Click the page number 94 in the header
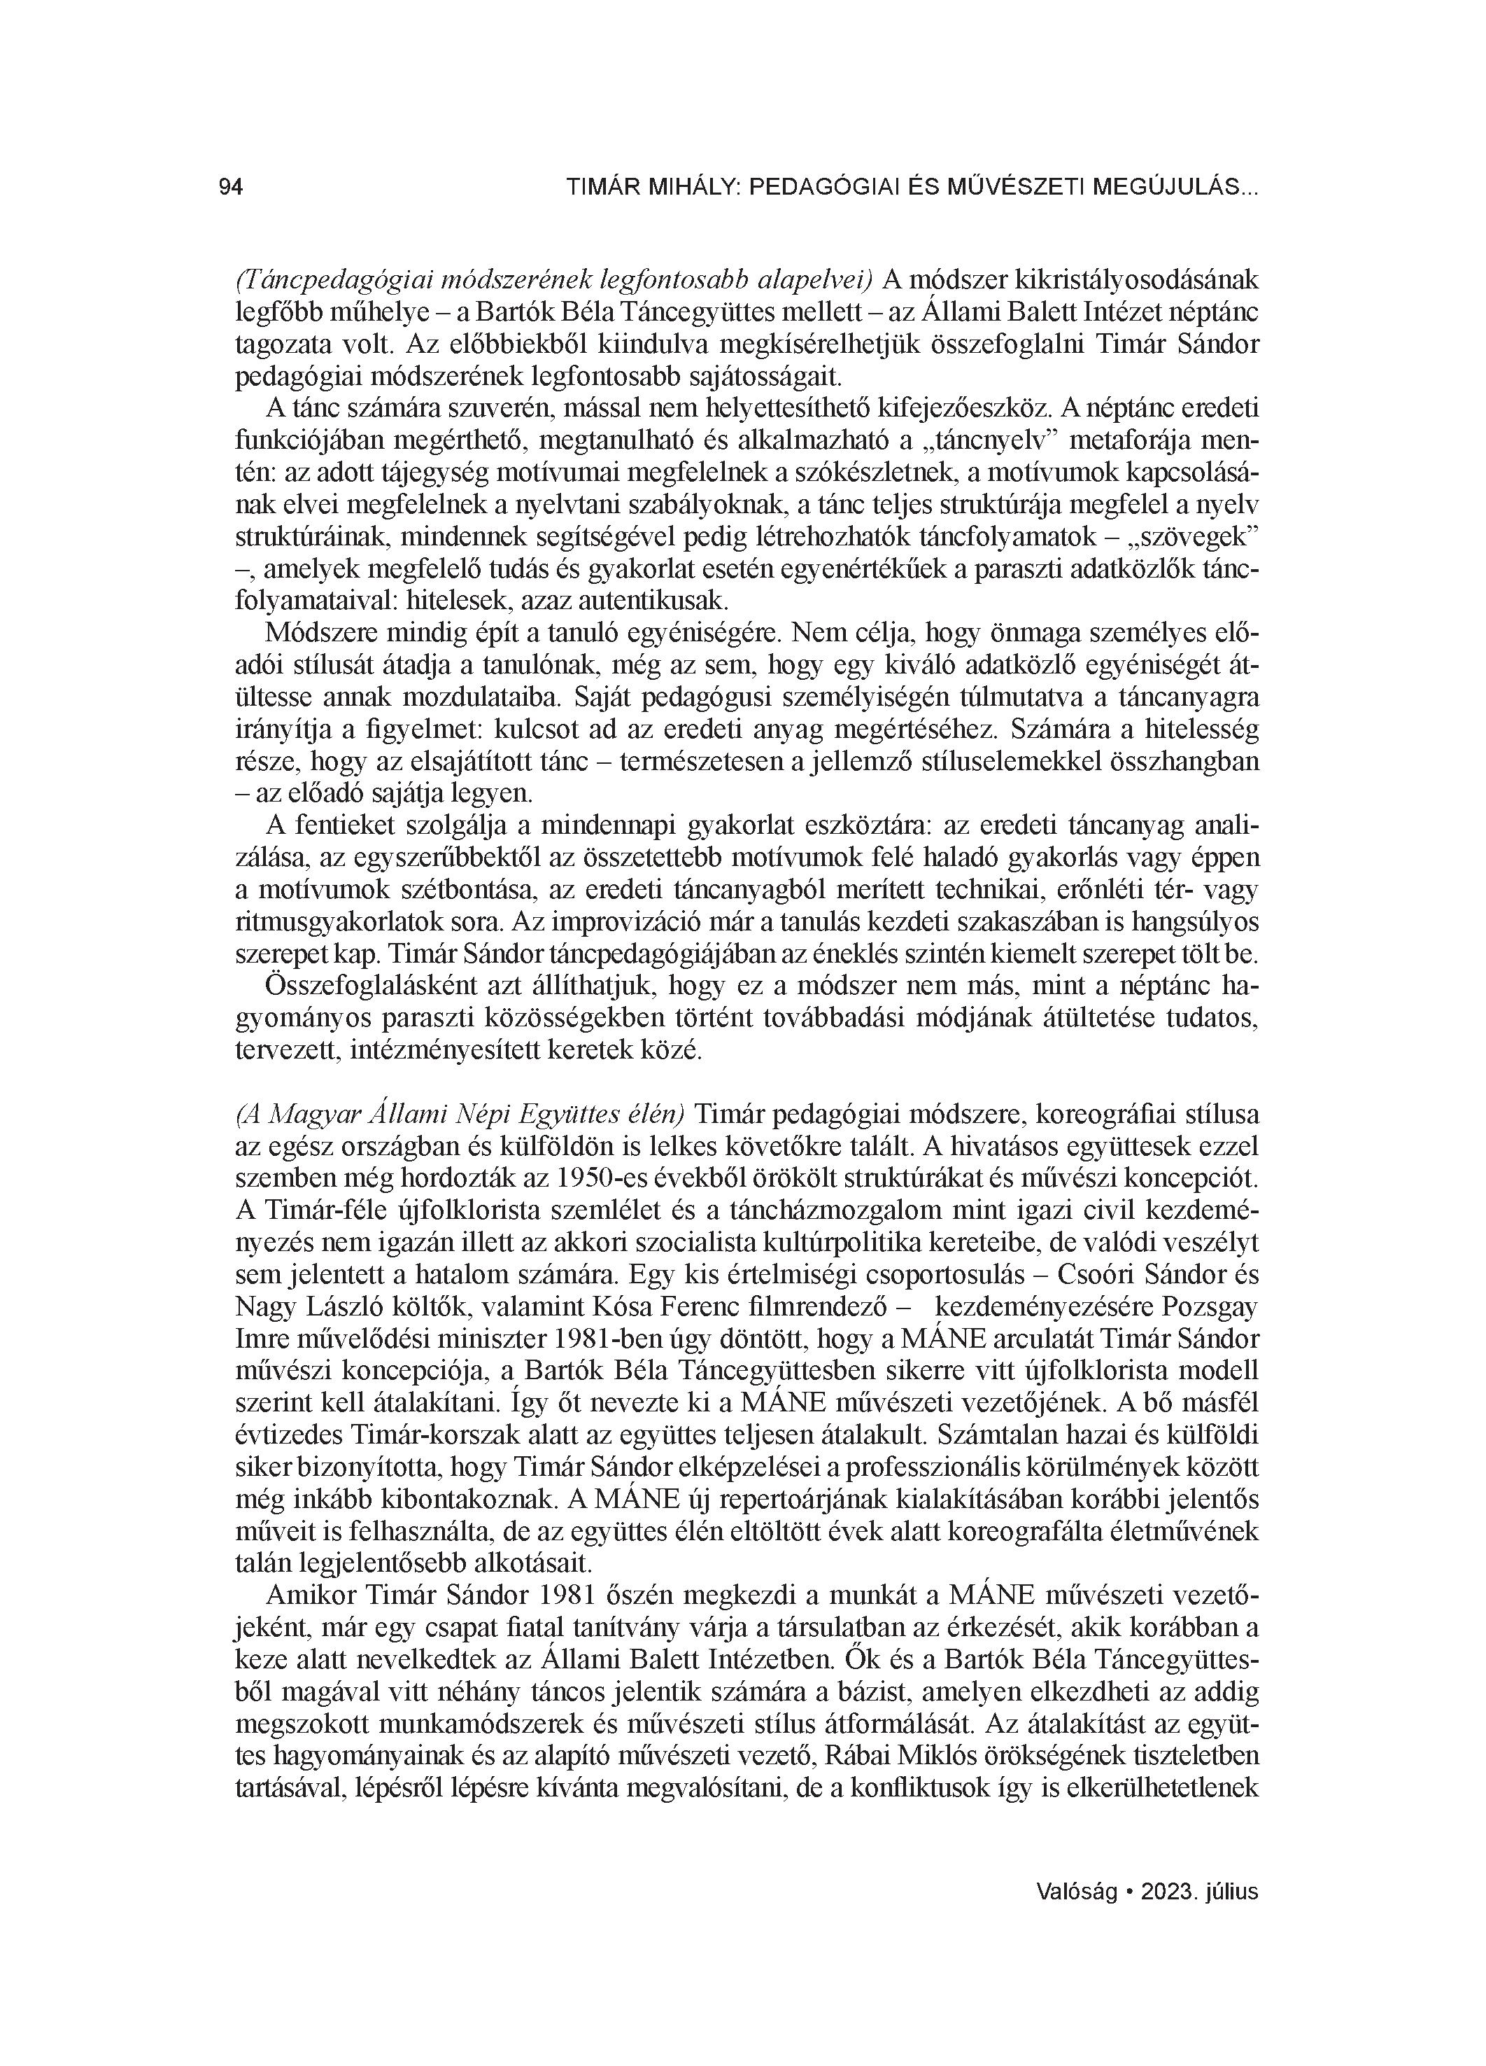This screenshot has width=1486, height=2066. tap(230, 188)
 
